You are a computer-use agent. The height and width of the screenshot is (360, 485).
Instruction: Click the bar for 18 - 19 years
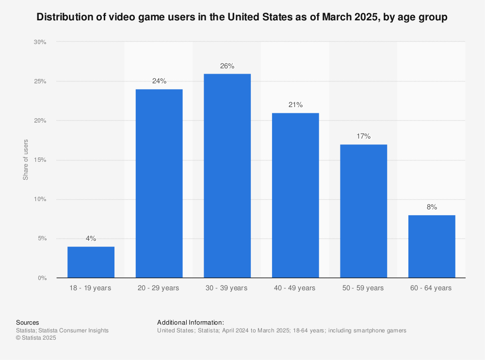click(x=91, y=262)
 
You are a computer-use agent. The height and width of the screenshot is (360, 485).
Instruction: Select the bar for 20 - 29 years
click(x=159, y=184)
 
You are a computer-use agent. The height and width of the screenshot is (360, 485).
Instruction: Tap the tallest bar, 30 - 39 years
click(x=227, y=176)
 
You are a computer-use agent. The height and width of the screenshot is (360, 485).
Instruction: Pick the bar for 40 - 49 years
click(x=295, y=195)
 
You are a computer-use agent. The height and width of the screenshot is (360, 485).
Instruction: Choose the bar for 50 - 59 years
click(x=363, y=211)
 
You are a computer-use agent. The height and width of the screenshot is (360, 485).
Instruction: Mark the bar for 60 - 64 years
click(x=432, y=247)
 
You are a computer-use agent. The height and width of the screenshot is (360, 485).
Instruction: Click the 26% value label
click(x=227, y=66)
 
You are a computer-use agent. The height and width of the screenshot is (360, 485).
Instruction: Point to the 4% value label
click(x=91, y=238)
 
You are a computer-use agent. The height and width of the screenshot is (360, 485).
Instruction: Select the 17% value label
click(x=363, y=136)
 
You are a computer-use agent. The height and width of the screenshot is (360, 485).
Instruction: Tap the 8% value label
click(x=432, y=207)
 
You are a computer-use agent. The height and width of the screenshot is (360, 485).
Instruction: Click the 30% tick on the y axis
click(x=40, y=42)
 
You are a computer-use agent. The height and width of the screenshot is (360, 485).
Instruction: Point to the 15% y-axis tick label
click(x=40, y=160)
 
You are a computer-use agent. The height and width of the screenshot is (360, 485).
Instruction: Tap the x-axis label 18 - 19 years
click(x=91, y=288)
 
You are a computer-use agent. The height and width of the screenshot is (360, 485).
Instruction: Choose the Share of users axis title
click(x=26, y=160)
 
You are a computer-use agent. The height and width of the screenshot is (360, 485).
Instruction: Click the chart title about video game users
click(x=242, y=17)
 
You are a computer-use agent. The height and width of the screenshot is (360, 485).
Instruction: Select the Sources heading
click(x=28, y=322)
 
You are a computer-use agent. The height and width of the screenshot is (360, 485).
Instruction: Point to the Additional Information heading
click(x=191, y=322)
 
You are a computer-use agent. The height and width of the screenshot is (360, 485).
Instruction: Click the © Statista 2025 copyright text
click(x=36, y=338)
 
